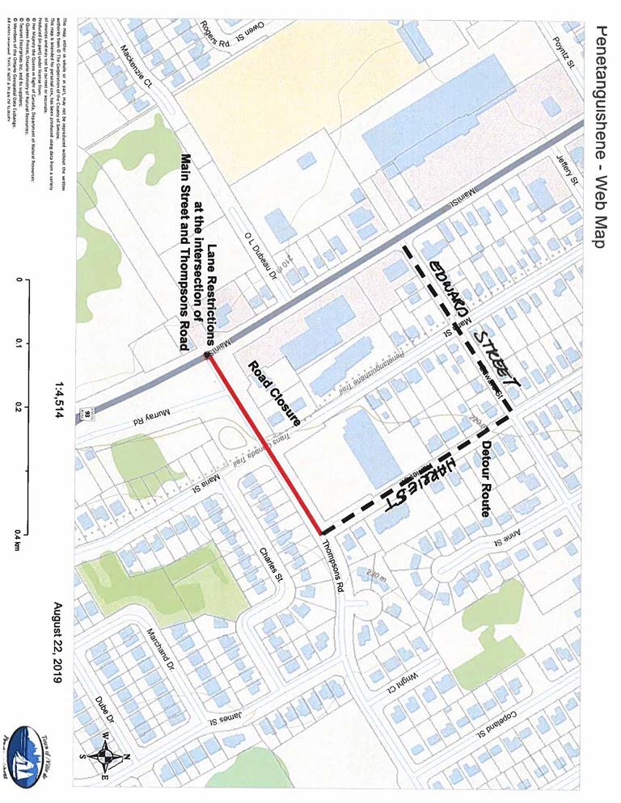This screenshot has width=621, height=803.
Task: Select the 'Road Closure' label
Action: (274, 391)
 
